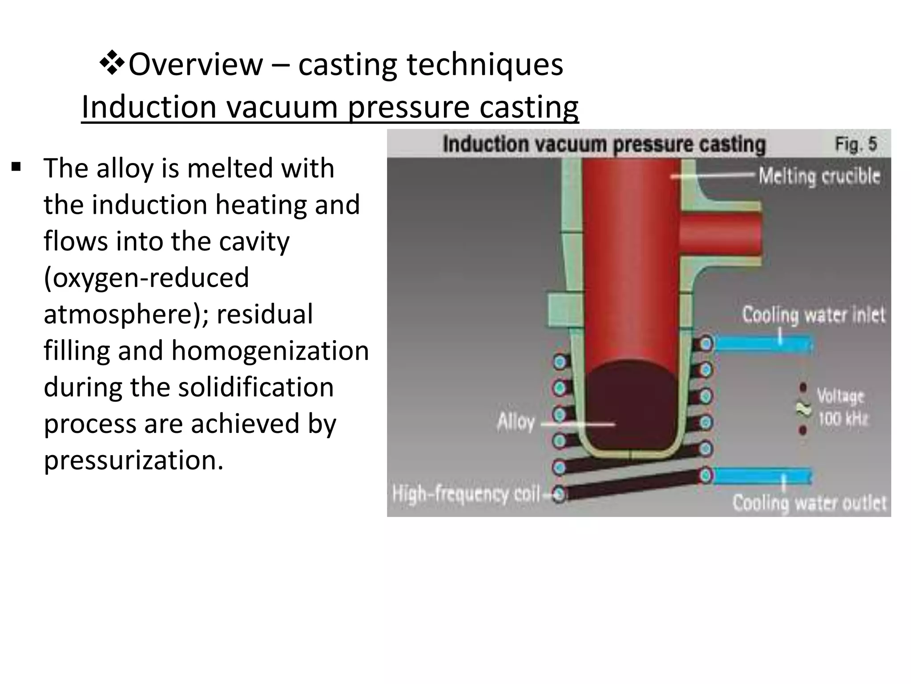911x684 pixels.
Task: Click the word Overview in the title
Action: pyautogui.click(x=196, y=65)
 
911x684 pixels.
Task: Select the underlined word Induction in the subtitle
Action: pyautogui.click(x=149, y=107)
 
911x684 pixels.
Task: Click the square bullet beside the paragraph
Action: pyautogui.click(x=16, y=168)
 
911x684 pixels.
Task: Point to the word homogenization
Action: pyautogui.click(x=270, y=350)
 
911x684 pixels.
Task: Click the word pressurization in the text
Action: pyautogui.click(x=133, y=460)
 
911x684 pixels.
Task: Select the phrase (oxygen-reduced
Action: pyautogui.click(x=146, y=277)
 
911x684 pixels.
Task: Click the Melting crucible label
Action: pyautogui.click(x=819, y=176)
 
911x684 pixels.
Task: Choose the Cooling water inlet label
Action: pyautogui.click(x=814, y=315)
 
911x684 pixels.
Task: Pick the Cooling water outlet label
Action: pyautogui.click(x=809, y=503)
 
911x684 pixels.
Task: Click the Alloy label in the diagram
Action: pyautogui.click(x=516, y=421)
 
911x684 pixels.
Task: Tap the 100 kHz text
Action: pyautogui.click(x=842, y=419)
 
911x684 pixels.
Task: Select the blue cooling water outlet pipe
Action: pyautogui.click(x=762, y=476)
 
